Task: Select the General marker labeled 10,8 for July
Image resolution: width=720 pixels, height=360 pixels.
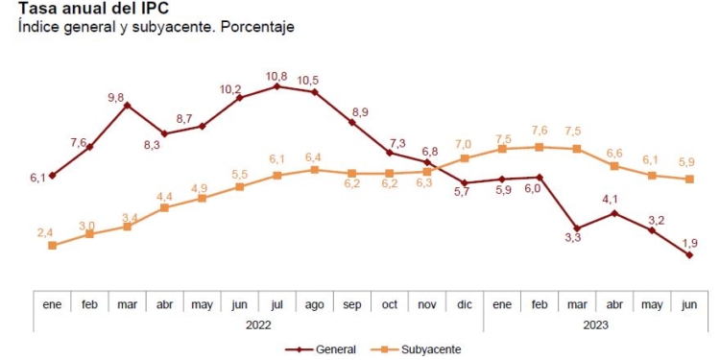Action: pyautogui.click(x=276, y=86)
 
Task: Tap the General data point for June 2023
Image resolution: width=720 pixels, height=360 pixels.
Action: pyautogui.click(x=689, y=255)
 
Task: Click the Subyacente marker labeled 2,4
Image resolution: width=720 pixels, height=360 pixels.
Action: pyautogui.click(x=52, y=246)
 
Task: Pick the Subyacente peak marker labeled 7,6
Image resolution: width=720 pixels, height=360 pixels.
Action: pyautogui.click(x=540, y=147)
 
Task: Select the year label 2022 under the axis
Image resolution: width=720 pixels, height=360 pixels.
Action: pyautogui.click(x=258, y=324)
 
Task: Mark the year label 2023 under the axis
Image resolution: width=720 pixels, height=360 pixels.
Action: pyautogui.click(x=595, y=324)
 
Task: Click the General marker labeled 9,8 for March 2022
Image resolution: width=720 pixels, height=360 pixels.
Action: pyautogui.click(x=127, y=105)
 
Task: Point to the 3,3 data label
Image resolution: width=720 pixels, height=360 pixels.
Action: pyautogui.click(x=572, y=236)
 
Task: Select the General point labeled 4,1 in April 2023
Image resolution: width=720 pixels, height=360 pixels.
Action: pyautogui.click(x=614, y=213)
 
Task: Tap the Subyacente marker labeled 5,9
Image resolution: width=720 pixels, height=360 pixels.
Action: pyautogui.click(x=689, y=180)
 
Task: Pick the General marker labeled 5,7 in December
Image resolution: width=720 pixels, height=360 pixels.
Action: pyautogui.click(x=465, y=182)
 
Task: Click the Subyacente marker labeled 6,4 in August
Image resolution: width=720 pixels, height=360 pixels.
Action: pyautogui.click(x=314, y=170)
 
